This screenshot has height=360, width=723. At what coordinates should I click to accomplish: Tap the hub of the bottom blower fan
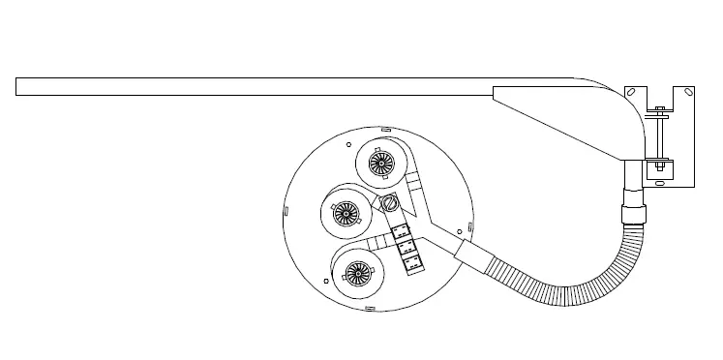point(357,275)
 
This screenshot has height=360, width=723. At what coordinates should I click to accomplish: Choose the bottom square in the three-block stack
point(411,260)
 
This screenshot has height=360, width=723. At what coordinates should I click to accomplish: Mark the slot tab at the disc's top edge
point(384,128)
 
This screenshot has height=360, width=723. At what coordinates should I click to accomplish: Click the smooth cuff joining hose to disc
point(473,255)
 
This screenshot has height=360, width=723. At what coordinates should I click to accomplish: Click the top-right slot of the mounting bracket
point(686,92)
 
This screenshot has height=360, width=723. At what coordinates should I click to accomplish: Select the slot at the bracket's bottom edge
point(660,180)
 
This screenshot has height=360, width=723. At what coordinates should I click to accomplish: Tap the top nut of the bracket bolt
point(659,108)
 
